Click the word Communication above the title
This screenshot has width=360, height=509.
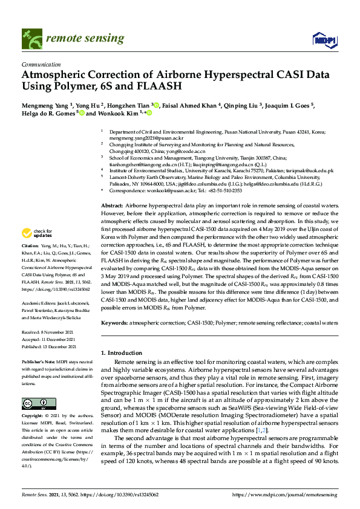point(41,63)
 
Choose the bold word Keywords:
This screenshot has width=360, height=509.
point(114,323)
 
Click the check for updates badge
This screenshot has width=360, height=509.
point(36,233)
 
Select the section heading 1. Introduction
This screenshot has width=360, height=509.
point(122,352)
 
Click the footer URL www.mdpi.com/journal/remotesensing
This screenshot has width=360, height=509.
point(298,494)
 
